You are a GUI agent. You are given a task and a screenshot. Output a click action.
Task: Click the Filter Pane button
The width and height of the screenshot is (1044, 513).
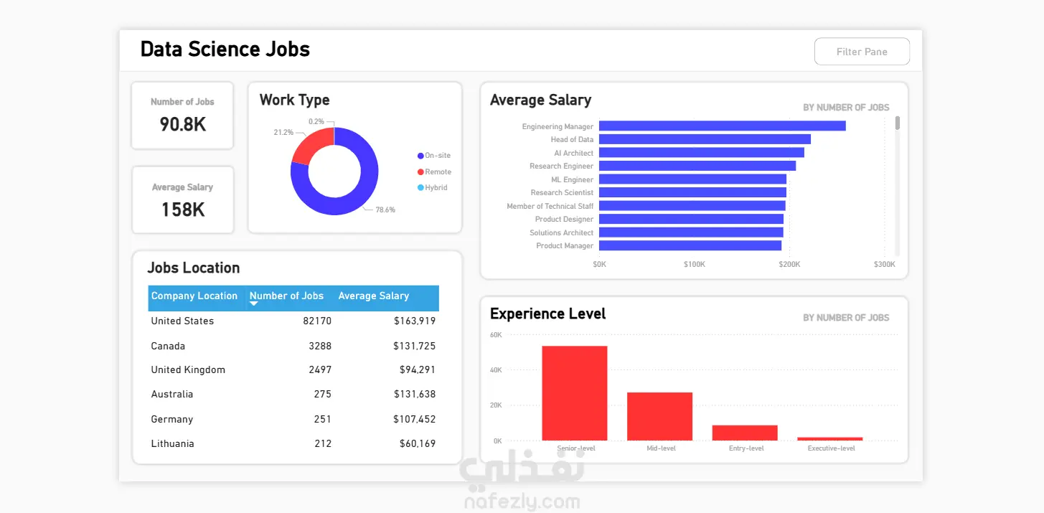[x=862, y=52]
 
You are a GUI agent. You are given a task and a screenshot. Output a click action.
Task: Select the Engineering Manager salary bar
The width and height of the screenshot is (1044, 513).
[x=722, y=126]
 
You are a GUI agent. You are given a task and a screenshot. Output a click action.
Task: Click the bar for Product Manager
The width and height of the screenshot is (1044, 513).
[x=690, y=245]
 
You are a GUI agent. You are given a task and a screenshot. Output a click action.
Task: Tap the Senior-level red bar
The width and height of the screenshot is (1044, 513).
[x=574, y=393]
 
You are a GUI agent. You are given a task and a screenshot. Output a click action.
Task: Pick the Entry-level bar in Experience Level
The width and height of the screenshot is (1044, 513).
[x=745, y=433]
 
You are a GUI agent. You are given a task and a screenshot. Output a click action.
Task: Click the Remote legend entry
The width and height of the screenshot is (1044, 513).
[x=437, y=172]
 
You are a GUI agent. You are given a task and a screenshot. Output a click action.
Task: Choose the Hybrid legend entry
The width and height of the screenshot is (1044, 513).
[x=435, y=188]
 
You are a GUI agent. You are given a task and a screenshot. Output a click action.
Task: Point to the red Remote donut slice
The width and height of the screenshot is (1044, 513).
[x=307, y=144]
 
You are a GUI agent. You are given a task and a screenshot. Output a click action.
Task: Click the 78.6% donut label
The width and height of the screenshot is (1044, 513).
[x=385, y=210]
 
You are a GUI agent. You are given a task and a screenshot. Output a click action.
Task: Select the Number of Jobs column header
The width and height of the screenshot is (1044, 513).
[x=286, y=296]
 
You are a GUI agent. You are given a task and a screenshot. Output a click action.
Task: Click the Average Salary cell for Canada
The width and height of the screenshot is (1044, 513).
[x=414, y=346]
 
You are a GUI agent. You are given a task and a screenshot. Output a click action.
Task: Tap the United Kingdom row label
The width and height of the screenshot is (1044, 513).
[x=188, y=370]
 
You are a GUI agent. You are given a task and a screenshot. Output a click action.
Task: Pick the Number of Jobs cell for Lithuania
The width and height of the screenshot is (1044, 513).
[x=323, y=443]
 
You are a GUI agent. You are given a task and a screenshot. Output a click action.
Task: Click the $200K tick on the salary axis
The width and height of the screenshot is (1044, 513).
[x=789, y=264]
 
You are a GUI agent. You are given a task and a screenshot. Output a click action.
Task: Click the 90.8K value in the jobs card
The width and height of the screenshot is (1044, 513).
[x=182, y=125]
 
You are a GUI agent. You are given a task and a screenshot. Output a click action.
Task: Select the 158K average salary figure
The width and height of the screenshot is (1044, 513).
[x=182, y=210]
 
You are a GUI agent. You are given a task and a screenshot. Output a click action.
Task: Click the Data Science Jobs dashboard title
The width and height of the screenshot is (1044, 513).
[x=225, y=50]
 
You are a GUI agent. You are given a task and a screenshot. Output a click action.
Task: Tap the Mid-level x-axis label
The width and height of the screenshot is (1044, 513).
[x=660, y=448]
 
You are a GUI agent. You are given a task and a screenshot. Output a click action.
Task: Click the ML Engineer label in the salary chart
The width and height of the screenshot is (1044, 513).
[x=572, y=179]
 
